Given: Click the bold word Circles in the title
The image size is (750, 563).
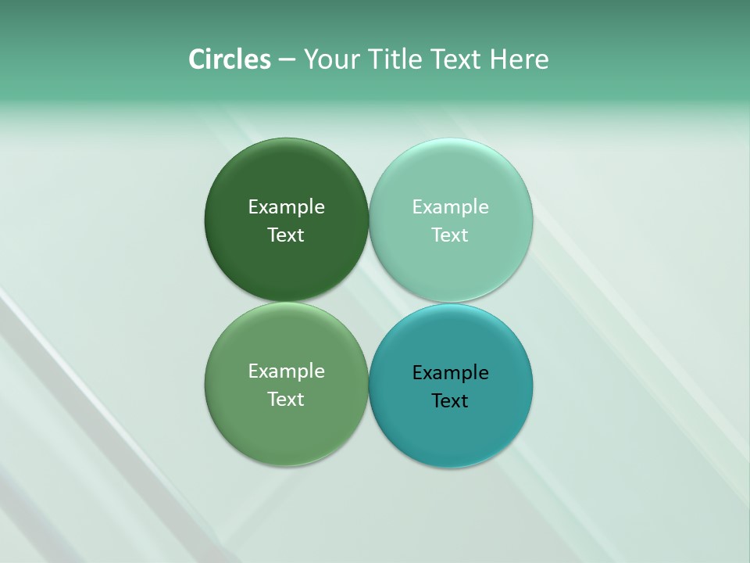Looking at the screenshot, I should click(x=230, y=59).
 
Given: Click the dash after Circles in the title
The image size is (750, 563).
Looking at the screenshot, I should click(x=287, y=60).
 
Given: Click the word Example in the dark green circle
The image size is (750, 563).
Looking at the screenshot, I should click(x=286, y=207).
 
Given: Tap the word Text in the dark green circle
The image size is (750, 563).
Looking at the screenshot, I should click(x=286, y=235).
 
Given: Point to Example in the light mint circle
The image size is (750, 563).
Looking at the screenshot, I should click(x=450, y=207).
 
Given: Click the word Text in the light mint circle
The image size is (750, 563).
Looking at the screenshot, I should click(x=450, y=235).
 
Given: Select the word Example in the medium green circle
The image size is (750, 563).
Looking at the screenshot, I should click(x=286, y=371).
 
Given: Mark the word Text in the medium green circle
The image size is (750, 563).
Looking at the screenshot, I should click(x=286, y=400).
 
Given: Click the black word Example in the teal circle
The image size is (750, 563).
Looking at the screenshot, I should click(x=450, y=373).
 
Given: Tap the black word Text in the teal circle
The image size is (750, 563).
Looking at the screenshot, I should click(x=450, y=401).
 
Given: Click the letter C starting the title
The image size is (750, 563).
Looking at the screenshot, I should click(x=197, y=59).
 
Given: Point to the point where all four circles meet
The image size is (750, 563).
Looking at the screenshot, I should click(x=369, y=302).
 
